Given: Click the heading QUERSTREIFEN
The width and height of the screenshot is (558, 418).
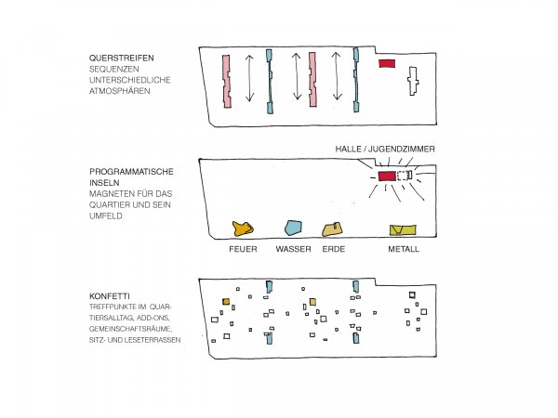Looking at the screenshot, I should tap(117, 59).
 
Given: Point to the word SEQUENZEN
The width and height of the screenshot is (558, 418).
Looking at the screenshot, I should tap(114, 70).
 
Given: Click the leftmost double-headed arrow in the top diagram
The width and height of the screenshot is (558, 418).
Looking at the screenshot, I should tap(249, 79).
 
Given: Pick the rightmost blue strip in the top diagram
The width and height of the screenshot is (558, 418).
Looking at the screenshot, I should tap(356, 81).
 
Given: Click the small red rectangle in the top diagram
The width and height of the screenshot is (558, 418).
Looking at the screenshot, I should tap(387, 63).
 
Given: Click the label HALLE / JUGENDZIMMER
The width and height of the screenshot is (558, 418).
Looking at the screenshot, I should tap(385, 149).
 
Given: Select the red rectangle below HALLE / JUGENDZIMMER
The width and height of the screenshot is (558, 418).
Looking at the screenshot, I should tap(386, 176).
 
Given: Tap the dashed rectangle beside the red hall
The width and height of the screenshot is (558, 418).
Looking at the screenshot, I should tap(404, 176).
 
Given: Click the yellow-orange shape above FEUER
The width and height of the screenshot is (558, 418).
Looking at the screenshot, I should tap(243, 228).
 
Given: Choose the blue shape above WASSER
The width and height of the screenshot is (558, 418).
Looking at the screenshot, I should tap(293, 227).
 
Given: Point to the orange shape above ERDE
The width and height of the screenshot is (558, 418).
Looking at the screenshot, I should tap(332, 229).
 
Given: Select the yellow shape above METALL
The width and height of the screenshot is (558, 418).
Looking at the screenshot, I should tap(403, 229).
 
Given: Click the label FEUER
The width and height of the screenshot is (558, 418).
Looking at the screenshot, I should tap(243, 250).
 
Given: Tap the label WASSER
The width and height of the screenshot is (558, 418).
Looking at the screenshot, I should tap(293, 250).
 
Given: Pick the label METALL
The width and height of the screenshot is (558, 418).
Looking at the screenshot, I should tap(404, 250).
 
